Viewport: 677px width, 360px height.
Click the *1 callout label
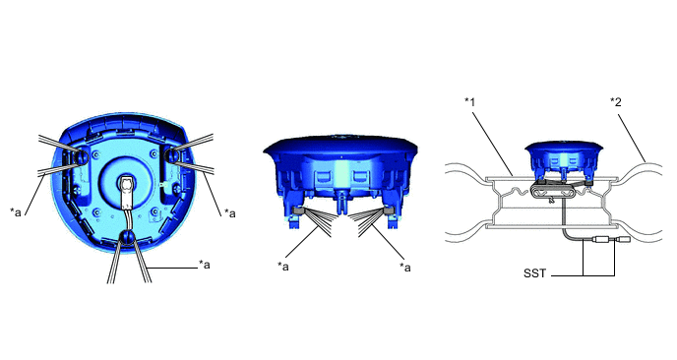469,102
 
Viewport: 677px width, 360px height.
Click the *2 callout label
616,102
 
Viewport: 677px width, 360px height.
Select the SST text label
534,273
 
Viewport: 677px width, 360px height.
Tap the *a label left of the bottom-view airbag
16,212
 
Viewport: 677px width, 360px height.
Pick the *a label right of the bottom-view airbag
229,212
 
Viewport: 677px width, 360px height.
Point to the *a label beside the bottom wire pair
205,265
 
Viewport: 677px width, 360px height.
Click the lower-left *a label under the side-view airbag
283,267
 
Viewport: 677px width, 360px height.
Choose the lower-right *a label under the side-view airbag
405,268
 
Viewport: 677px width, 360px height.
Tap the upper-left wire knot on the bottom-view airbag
81,156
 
